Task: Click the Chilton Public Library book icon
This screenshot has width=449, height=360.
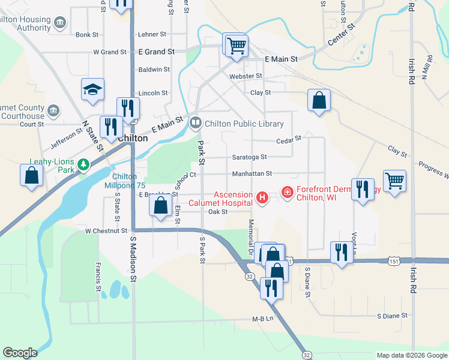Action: tap(196, 124)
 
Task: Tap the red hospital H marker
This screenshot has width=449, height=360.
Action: tap(262, 197)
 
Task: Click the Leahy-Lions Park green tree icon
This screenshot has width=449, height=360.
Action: tap(84, 164)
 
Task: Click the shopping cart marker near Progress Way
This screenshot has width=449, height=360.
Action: tap(394, 180)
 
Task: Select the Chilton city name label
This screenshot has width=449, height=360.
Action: tap(133, 137)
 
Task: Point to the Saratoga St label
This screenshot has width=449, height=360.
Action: tap(250, 157)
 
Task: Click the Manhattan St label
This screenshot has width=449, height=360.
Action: tap(252, 173)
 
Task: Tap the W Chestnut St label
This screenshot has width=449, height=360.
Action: tap(106, 230)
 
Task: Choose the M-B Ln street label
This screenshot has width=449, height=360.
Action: tap(262, 319)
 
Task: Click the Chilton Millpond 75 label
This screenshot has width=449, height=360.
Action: tap(129, 181)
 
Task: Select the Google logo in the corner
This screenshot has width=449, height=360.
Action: tap(20, 353)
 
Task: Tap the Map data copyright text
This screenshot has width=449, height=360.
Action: tap(412, 355)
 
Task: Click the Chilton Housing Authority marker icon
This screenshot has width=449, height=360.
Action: tap(60, 23)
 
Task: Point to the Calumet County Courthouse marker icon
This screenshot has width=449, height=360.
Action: tap(53, 111)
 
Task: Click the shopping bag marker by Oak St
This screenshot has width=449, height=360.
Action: tap(160, 206)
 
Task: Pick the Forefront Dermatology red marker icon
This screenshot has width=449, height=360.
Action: tap(287, 193)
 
